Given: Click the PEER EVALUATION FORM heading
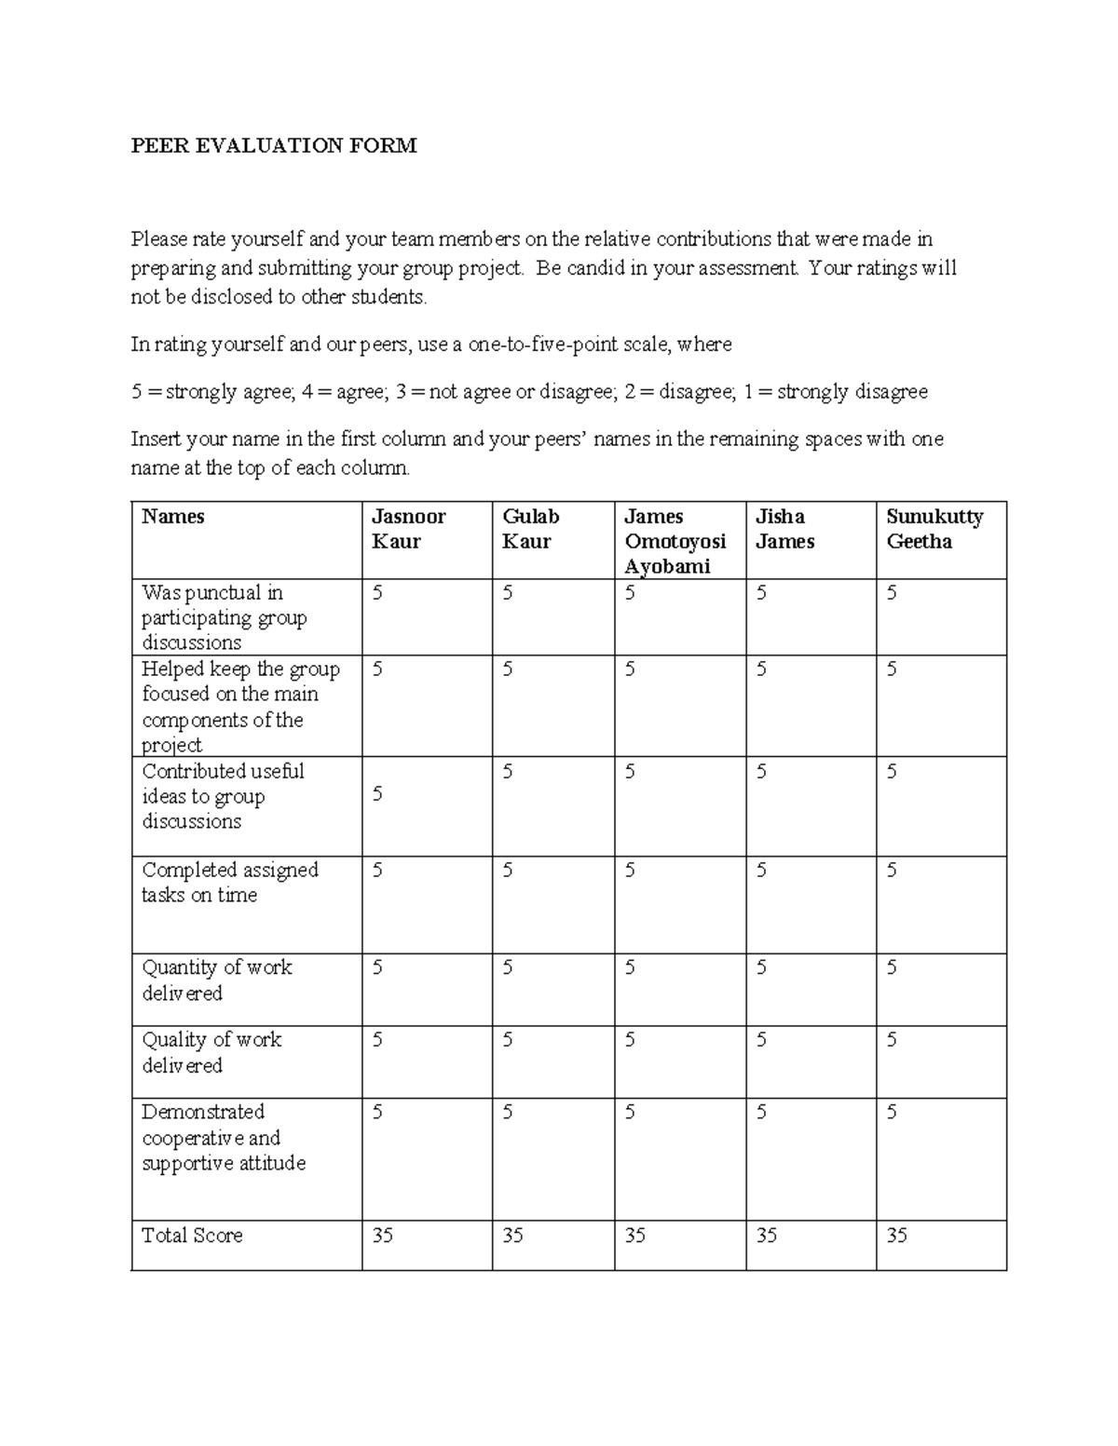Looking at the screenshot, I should [x=274, y=145].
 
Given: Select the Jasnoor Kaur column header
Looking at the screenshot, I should [x=408, y=529].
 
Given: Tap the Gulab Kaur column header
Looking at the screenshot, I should [x=531, y=529].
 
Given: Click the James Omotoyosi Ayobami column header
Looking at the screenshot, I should [x=675, y=541].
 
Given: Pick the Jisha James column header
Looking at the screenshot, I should [x=784, y=529].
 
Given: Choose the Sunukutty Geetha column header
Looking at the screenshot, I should [x=934, y=529].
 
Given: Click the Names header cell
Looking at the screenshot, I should [x=172, y=517].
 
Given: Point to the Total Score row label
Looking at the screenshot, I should [x=192, y=1236].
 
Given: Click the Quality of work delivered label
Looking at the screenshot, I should [x=211, y=1052].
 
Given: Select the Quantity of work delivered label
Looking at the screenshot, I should [x=216, y=980].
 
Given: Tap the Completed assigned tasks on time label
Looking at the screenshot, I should [x=229, y=882].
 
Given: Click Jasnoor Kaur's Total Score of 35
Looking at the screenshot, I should [x=382, y=1236].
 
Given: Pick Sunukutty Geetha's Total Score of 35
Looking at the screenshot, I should [x=896, y=1236].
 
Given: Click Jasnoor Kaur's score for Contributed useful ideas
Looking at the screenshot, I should [x=377, y=794].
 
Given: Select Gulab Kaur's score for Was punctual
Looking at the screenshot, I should [x=508, y=593].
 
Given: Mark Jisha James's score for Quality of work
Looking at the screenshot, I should [x=761, y=1040].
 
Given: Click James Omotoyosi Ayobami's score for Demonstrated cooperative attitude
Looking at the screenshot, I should [x=630, y=1112].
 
